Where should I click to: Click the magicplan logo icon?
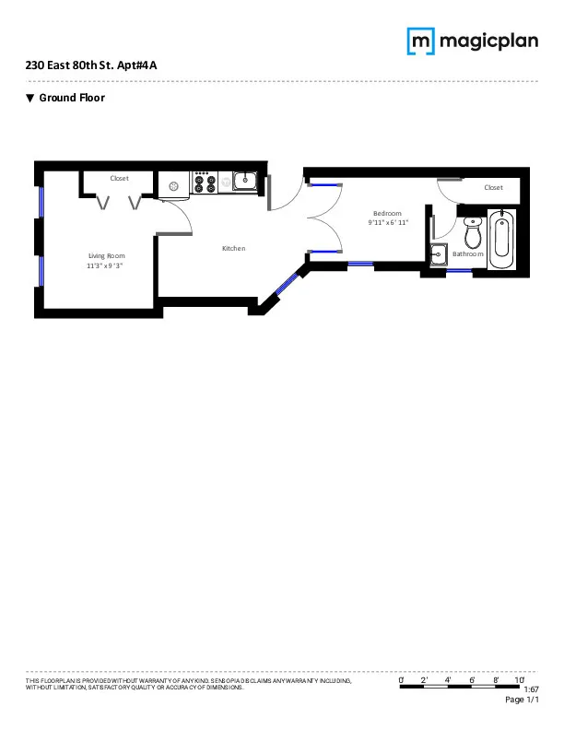click(421, 41)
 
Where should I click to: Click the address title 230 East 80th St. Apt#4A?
click(97, 66)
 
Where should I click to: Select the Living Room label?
click(106, 255)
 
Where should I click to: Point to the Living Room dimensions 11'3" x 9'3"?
click(106, 265)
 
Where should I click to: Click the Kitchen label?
click(233, 248)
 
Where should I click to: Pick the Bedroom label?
click(387, 213)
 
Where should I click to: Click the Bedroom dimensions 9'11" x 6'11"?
click(387, 222)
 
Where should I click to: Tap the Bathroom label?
click(467, 253)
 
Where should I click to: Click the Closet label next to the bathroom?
click(493, 187)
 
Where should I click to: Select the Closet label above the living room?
click(120, 178)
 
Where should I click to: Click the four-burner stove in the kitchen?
click(205, 184)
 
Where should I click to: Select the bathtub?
click(502, 238)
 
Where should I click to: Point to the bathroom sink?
click(438, 253)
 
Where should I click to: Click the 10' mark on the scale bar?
click(520, 679)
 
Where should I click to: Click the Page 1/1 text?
click(522, 701)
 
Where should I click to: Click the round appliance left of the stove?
click(173, 184)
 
